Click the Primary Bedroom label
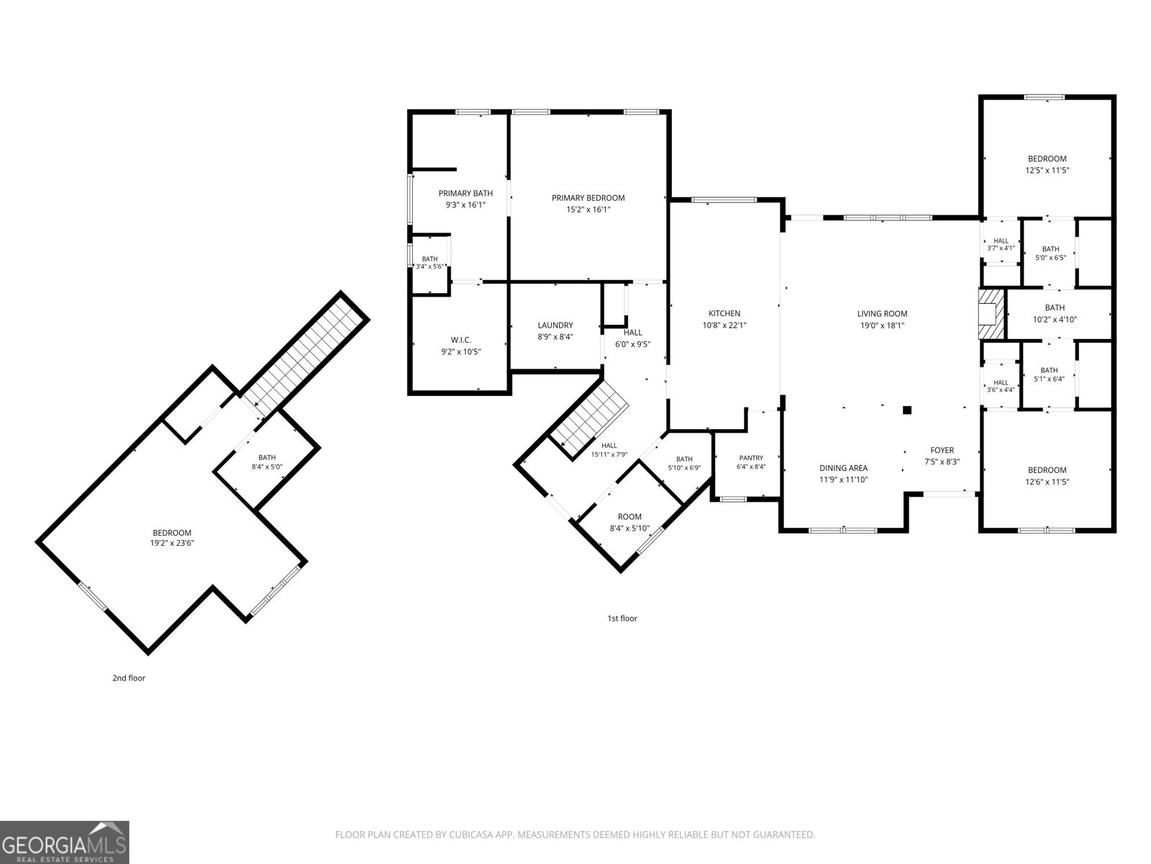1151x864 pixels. [x=588, y=198]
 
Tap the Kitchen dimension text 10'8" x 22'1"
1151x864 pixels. [x=724, y=325]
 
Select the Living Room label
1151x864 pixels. [x=882, y=314]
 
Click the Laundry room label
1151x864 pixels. [x=555, y=325]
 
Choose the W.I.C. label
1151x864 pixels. [x=461, y=340]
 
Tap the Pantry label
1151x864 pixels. [x=751, y=458]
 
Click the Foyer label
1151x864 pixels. [x=942, y=450]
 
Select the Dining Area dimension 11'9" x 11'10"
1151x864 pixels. [x=844, y=480]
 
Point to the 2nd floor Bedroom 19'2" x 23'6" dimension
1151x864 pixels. [x=172, y=544]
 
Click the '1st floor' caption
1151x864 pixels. [x=622, y=618]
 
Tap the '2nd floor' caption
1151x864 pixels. [x=129, y=678]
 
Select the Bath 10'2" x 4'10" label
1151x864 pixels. [x=1055, y=313]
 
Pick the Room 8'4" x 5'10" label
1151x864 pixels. [x=629, y=523]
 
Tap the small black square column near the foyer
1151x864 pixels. [x=906, y=410]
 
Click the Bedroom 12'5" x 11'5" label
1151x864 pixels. [x=1047, y=164]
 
